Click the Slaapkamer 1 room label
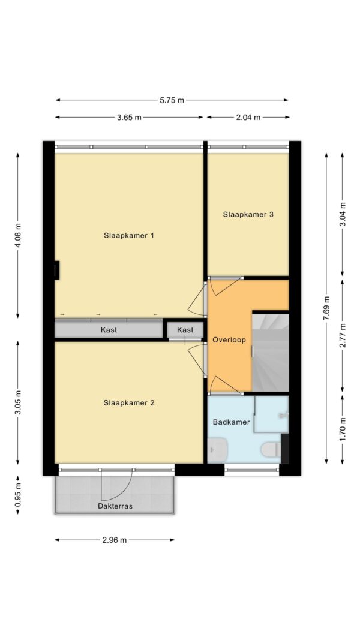pos(128,236)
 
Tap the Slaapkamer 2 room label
pos(128,403)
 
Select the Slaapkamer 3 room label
pos(248,214)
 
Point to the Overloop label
pos(229,339)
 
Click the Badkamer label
pos(231,422)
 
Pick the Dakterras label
pos(115,506)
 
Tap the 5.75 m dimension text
pos(172,100)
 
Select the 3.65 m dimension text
pos(129,118)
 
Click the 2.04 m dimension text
pos(248,118)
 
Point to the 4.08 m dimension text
pos(17,236)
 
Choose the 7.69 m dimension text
pos(326,308)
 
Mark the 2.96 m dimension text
pos(115,540)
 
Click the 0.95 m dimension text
pos(17,495)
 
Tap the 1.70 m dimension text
pos(343,429)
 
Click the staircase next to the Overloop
pos(271,353)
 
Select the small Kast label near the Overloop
pos(185,330)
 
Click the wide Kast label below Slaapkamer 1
pos(109,330)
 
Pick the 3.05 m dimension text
pos(17,402)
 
